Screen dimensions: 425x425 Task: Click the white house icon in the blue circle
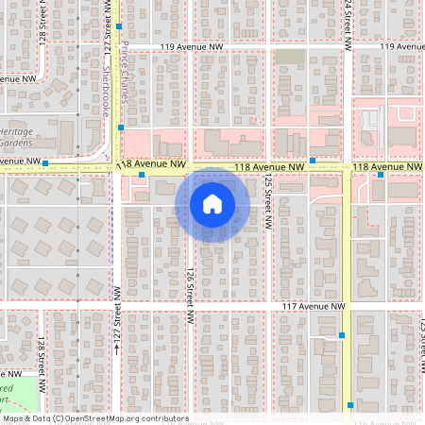pyautogui.click(x=212, y=204)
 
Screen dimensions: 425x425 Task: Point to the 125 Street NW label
pyautogui.click(x=268, y=195)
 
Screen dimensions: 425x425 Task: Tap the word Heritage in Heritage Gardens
pyautogui.click(x=16, y=131)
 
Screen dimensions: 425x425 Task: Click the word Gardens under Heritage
pyautogui.click(x=17, y=143)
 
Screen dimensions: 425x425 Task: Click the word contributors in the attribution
pyautogui.click(x=160, y=418)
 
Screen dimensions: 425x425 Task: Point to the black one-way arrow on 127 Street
pyautogui.click(x=117, y=348)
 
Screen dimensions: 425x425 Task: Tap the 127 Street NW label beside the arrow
pyautogui.click(x=117, y=314)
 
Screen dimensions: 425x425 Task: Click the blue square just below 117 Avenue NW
pyautogui.click(x=341, y=335)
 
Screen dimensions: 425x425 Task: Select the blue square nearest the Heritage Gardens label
pyautogui.click(x=45, y=162)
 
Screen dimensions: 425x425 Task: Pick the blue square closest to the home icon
pyautogui.click(x=142, y=175)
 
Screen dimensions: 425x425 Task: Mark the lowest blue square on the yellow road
pyautogui.click(x=350, y=405)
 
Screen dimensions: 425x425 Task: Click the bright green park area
pyautogui.click(x=19, y=397)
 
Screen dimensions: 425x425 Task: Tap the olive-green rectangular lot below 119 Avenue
pyautogui.click(x=290, y=58)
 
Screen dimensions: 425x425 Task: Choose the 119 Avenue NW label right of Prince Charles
pyautogui.click(x=193, y=45)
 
